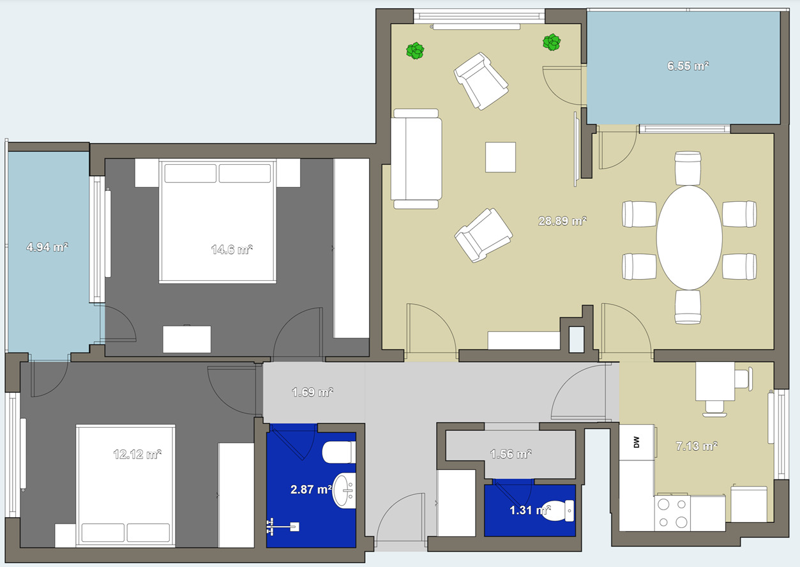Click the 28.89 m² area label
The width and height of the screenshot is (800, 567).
[x=562, y=221]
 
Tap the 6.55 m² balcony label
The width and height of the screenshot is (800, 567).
[x=688, y=66]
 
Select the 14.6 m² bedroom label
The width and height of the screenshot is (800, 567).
[x=232, y=249]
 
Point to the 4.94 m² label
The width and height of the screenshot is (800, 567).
[x=47, y=247]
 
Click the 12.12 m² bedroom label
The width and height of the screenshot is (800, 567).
[x=137, y=454]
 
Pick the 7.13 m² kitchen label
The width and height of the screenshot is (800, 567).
[x=697, y=446]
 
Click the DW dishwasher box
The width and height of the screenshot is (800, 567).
[x=637, y=442]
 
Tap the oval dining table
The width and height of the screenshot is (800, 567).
[x=690, y=238]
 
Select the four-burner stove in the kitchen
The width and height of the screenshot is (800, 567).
[x=672, y=513]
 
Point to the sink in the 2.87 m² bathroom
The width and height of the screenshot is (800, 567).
[x=344, y=490]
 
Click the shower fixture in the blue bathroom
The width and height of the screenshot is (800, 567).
[x=283, y=527]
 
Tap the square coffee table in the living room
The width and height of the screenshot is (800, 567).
[x=501, y=157]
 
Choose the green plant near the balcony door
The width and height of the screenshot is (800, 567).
[x=552, y=42]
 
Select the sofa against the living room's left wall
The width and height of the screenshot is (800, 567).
[x=416, y=158]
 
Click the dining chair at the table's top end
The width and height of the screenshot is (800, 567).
[x=688, y=168]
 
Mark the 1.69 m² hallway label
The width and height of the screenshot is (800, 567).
[x=312, y=392]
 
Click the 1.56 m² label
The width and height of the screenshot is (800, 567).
[x=511, y=454]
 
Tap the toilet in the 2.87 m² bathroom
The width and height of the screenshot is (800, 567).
[x=339, y=452]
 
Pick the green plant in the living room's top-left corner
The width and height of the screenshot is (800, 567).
[x=415, y=50]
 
